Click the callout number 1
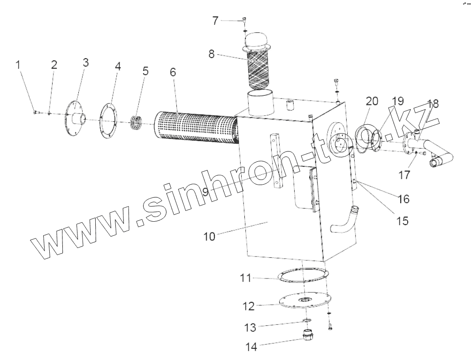click(x=19, y=65)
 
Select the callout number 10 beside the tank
click(x=209, y=236)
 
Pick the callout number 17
click(x=404, y=175)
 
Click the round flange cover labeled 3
click(x=75, y=119)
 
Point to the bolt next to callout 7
click(x=244, y=20)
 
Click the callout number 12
click(x=249, y=307)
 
